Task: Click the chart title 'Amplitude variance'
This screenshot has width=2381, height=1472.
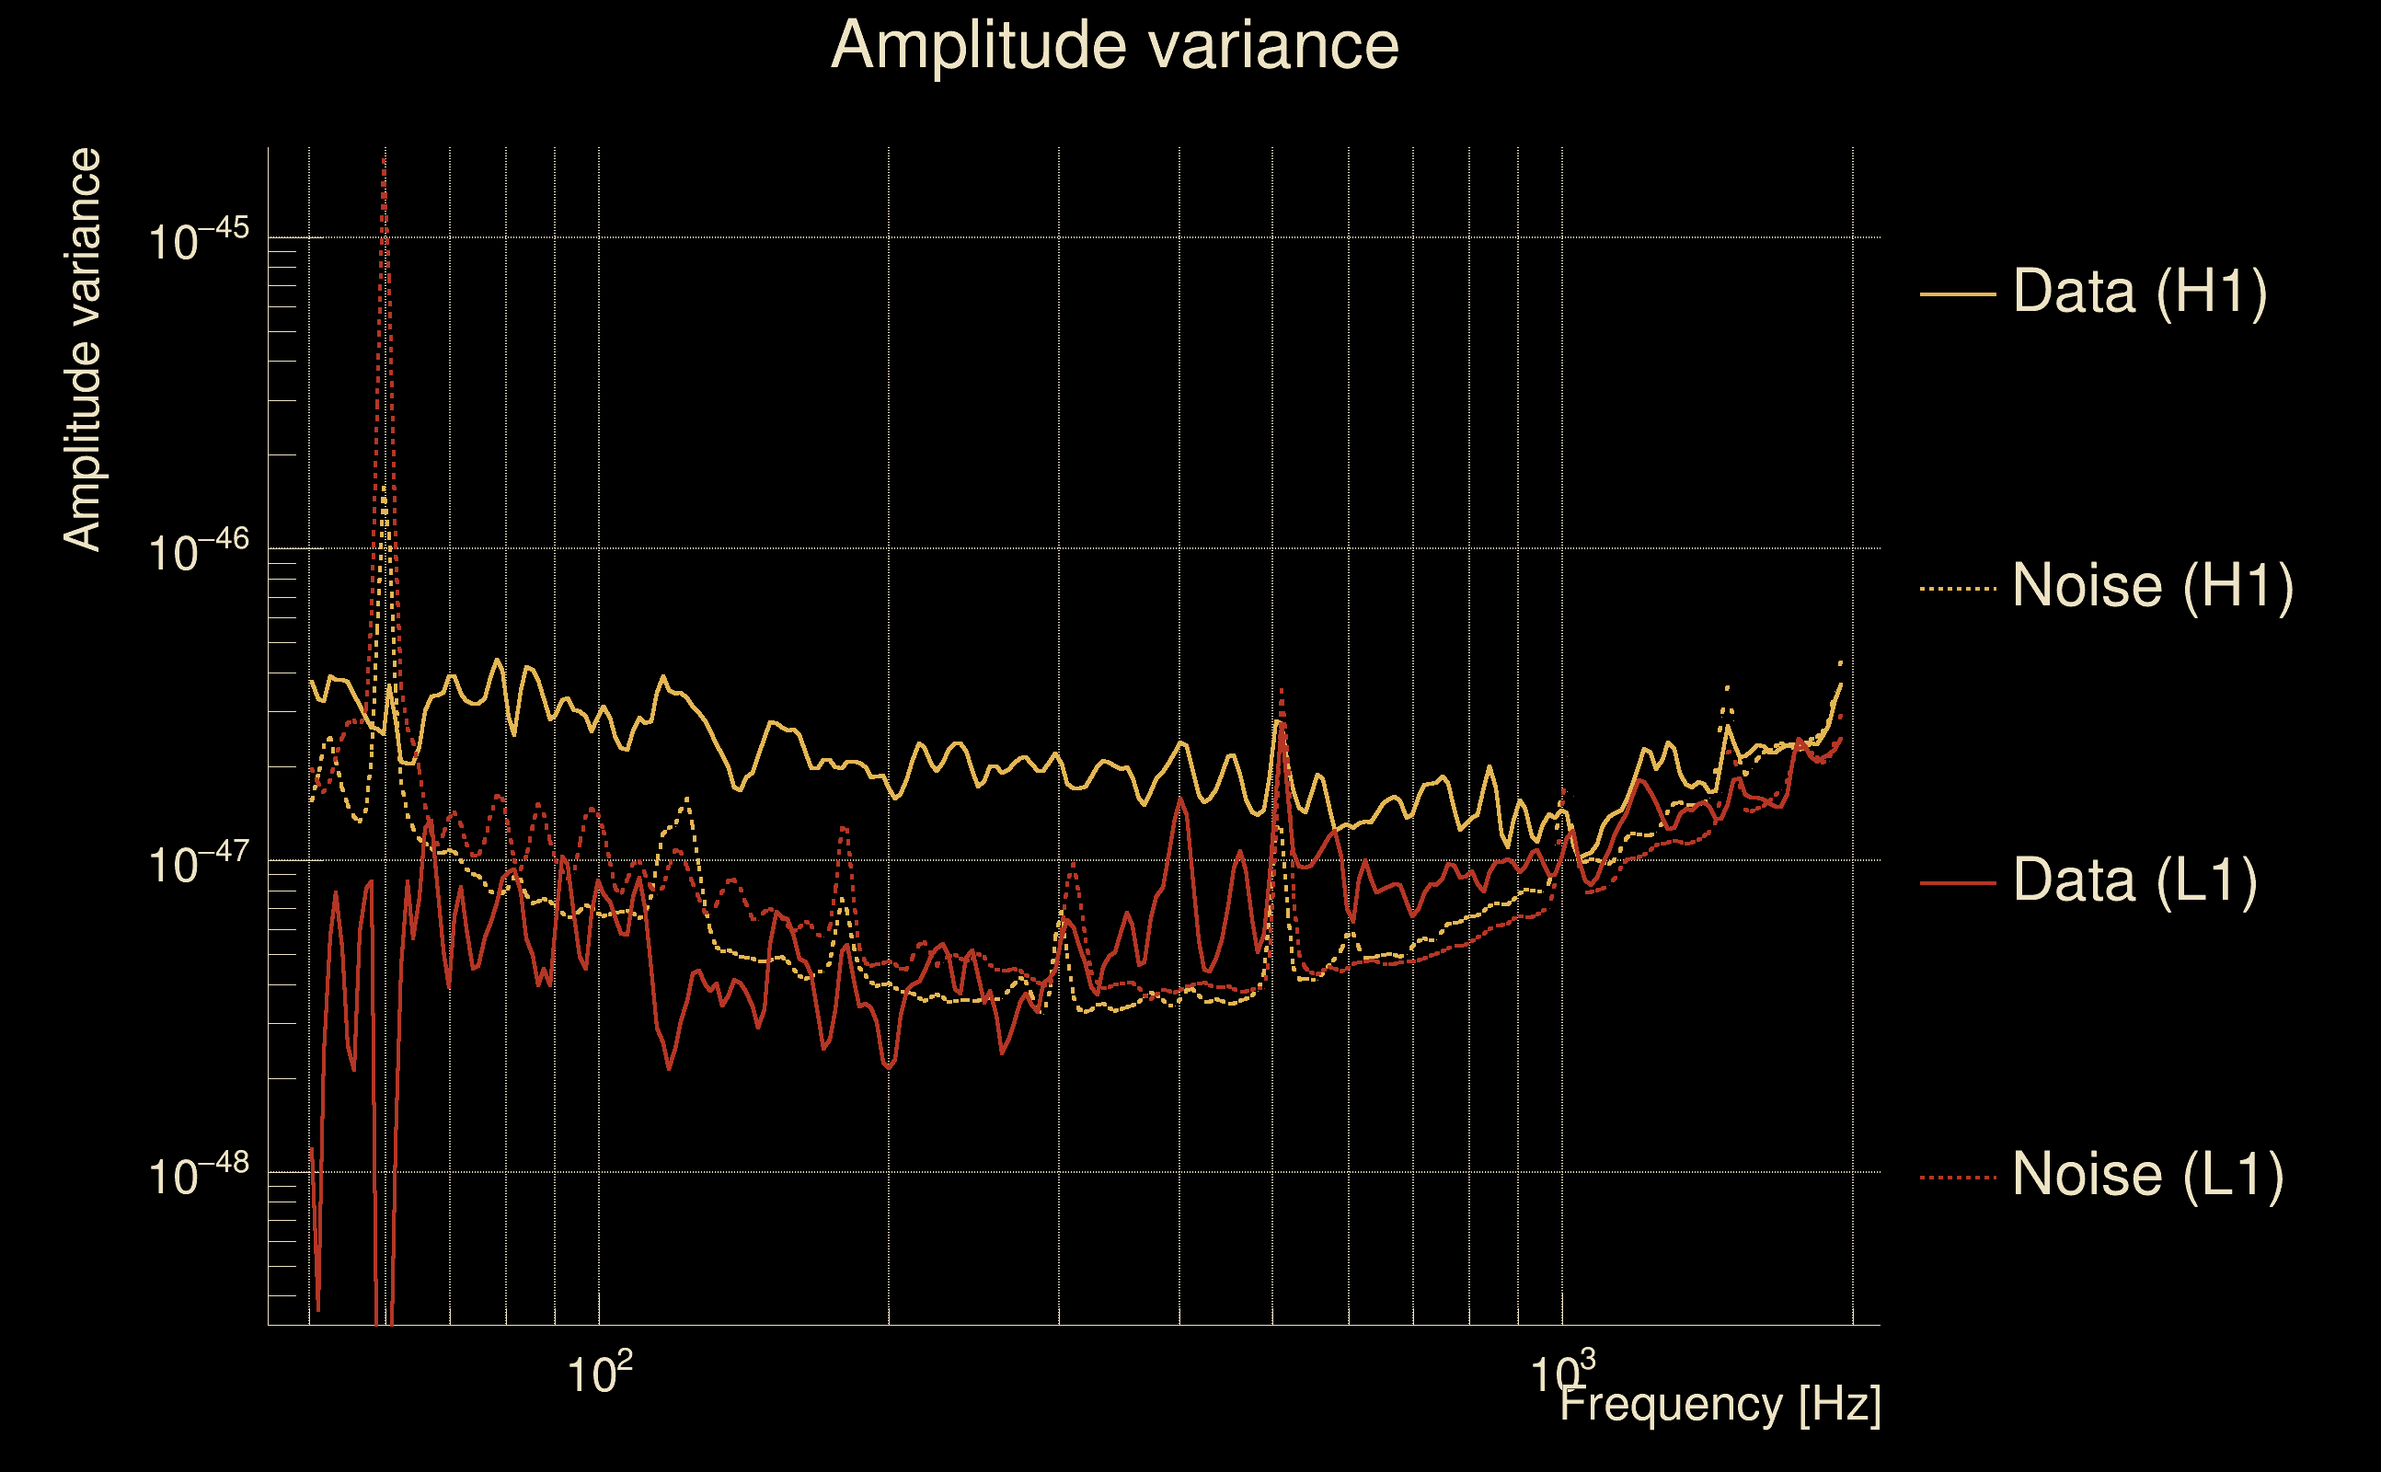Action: [1113, 46]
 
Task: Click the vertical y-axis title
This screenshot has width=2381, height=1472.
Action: [83, 351]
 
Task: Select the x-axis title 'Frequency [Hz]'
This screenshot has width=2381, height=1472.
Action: [1720, 1405]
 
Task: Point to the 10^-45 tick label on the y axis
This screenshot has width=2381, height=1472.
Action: [199, 239]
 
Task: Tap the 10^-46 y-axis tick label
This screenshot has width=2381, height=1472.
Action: [199, 552]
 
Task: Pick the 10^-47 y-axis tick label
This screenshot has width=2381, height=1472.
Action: [199, 864]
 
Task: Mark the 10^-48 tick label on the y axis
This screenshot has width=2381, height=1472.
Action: [199, 1175]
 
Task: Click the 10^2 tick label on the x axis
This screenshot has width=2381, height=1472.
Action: [599, 1374]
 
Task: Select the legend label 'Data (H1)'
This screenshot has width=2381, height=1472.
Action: [2140, 291]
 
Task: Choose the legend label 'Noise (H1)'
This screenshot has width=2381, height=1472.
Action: [2152, 586]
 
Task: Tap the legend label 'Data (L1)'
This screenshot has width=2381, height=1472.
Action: [2134, 881]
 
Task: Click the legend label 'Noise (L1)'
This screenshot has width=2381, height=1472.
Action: [2147, 1175]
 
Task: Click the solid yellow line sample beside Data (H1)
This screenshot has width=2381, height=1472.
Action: [1958, 293]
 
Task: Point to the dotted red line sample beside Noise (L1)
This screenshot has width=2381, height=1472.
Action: [1958, 1178]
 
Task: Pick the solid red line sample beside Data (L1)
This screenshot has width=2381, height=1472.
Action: [1958, 883]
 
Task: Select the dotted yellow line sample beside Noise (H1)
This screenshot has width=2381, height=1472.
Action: [1958, 589]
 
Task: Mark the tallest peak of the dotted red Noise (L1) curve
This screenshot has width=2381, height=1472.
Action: [385, 158]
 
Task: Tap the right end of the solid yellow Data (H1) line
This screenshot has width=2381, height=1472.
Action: [1841, 684]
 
